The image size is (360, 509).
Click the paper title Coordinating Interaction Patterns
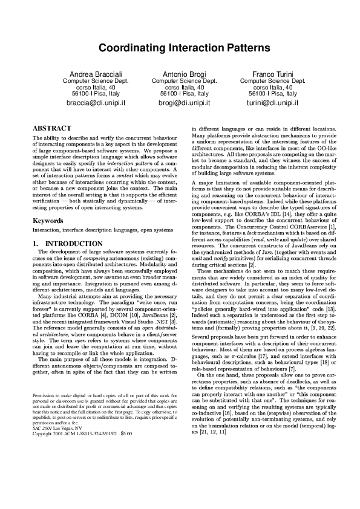coord(180,47)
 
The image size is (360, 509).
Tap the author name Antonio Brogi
coord(180,73)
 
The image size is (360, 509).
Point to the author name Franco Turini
coord(269,73)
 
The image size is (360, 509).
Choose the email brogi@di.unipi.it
coord(180,103)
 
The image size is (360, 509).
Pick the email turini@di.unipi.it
coord(269,103)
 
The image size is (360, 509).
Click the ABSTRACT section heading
coord(52,129)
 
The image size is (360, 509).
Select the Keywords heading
coord(49,204)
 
